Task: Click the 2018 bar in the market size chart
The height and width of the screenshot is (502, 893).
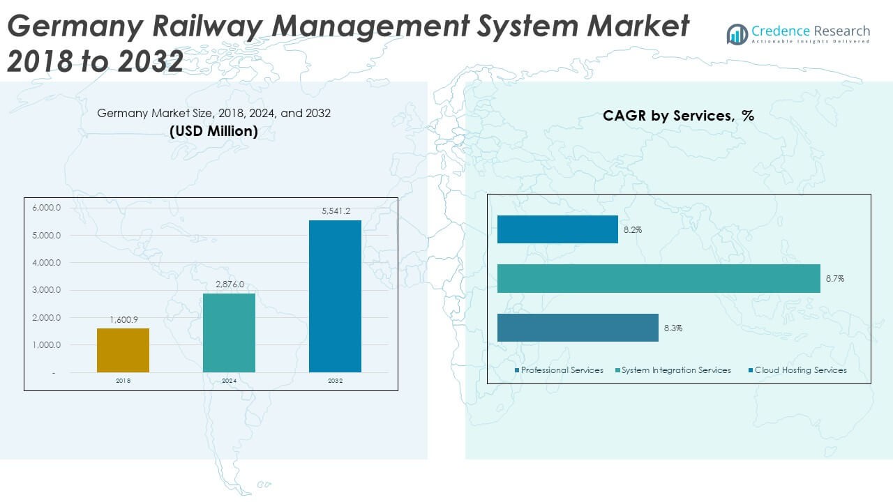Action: pyautogui.click(x=123, y=350)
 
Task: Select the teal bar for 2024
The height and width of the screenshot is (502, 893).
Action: pyautogui.click(x=229, y=333)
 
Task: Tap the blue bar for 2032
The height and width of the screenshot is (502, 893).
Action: pyautogui.click(x=335, y=296)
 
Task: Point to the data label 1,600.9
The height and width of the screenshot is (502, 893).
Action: pyautogui.click(x=123, y=320)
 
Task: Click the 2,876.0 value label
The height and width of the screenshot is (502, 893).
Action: pyautogui.click(x=230, y=285)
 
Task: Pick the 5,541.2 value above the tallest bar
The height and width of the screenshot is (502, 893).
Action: pyautogui.click(x=336, y=211)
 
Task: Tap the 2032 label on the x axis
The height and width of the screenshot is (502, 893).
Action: pyautogui.click(x=336, y=381)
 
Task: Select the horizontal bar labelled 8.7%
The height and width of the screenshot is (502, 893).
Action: pyautogui.click(x=658, y=278)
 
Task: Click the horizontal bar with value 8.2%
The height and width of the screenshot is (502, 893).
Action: pyautogui.click(x=557, y=229)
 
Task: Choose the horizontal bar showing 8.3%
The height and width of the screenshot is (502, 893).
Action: pyautogui.click(x=578, y=328)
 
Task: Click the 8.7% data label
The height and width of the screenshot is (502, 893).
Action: pyautogui.click(x=835, y=279)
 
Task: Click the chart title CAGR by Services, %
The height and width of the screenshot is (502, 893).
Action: pyautogui.click(x=678, y=116)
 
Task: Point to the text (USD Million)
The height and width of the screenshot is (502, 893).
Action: pyautogui.click(x=213, y=130)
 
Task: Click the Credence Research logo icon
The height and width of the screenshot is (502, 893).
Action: pyautogui.click(x=737, y=34)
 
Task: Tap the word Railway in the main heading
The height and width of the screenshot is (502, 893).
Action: pyautogui.click(x=185, y=27)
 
